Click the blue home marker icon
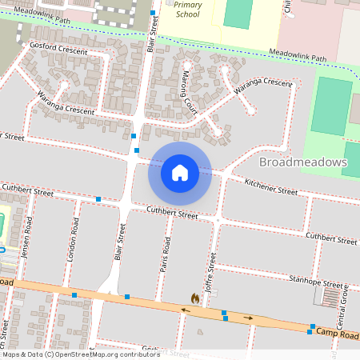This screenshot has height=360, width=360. pos(180,173)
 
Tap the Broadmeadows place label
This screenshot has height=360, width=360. pos(303,162)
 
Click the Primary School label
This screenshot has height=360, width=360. pos(187,9)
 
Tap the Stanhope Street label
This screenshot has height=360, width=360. pos(318,282)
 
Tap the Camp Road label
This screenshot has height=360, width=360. pos(337,331)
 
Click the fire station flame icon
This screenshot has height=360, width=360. pos(194,298)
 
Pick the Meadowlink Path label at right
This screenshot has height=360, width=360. pos(298,57)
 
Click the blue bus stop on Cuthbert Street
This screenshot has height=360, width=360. pos(98,198)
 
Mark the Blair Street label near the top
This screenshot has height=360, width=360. pos(152,37)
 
